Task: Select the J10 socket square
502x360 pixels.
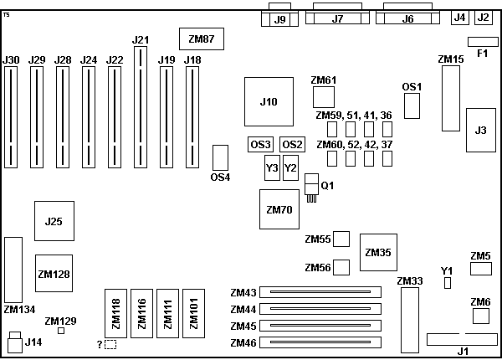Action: pyautogui.click(x=268, y=101)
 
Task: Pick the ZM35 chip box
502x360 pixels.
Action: pyautogui.click(x=378, y=252)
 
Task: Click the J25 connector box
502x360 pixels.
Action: pyautogui.click(x=54, y=221)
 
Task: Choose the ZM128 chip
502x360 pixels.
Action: pyautogui.click(x=54, y=273)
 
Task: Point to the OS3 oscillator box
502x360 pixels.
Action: pyautogui.click(x=261, y=144)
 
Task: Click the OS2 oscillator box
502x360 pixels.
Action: pyautogui.click(x=292, y=144)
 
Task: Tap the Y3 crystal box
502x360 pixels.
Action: pyautogui.click(x=272, y=167)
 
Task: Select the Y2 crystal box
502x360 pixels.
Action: pyautogui.click(x=290, y=167)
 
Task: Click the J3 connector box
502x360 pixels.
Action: pyautogui.click(x=479, y=130)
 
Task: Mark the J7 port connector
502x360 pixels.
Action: pyautogui.click(x=337, y=18)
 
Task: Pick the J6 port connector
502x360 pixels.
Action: pyautogui.click(x=407, y=18)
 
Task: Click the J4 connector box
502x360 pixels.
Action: pyautogui.click(x=459, y=17)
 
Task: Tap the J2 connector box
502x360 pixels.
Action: pyautogui.click(x=484, y=17)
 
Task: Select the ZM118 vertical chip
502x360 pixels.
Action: pyautogui.click(x=116, y=312)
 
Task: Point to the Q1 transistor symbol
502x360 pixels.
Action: pyautogui.click(x=312, y=186)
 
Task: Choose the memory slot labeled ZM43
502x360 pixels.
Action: pyautogui.click(x=319, y=293)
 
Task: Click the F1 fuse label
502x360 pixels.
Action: pyautogui.click(x=482, y=54)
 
